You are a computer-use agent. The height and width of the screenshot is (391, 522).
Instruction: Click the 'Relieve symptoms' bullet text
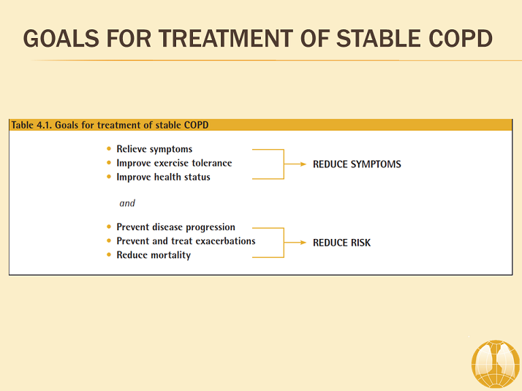[154, 149]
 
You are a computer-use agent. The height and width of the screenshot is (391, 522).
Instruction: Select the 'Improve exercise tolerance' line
[174, 163]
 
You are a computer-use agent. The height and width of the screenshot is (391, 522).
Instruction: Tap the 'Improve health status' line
[163, 177]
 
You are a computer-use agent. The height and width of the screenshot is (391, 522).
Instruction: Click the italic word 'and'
[127, 203]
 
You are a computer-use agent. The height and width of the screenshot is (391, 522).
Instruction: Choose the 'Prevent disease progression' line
[175, 227]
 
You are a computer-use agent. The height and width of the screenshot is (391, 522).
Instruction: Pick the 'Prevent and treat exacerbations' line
[186, 241]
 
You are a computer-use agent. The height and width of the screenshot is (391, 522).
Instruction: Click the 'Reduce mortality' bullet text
[154, 255]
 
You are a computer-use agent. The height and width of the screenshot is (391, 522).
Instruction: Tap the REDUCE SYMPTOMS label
[357, 164]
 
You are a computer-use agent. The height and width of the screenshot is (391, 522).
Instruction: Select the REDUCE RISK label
[341, 243]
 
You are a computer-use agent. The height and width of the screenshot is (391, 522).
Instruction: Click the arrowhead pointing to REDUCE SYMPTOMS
[303, 164]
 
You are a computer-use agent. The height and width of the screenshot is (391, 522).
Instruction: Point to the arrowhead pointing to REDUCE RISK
[303, 242]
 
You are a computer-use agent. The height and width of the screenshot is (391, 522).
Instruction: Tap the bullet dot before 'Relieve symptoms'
[110, 149]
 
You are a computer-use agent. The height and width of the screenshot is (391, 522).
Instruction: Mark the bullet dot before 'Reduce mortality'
[110, 255]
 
